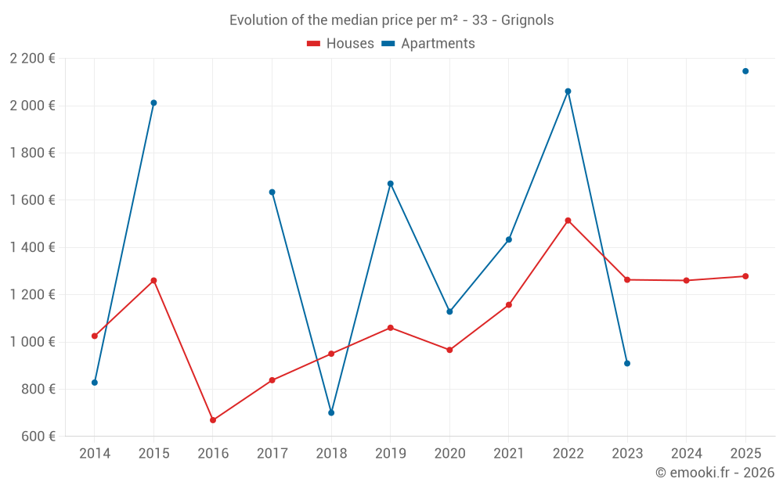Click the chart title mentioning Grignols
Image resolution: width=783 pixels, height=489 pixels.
pos(391,20)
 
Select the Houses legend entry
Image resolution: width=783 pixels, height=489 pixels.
pos(341,44)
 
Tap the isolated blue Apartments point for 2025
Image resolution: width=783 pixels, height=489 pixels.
pos(745,71)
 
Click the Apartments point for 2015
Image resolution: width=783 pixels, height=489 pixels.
pos(153,102)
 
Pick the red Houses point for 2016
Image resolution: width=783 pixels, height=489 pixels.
pos(213,420)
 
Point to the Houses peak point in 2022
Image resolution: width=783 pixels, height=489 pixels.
pos(568,221)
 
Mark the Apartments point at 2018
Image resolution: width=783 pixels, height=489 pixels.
pos(331,412)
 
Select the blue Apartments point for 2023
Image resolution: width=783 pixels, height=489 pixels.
pos(627,363)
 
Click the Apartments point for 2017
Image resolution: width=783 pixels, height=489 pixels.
pos(272,192)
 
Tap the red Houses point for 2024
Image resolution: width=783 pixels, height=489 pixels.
pos(686,280)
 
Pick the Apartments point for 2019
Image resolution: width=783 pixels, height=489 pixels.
pos(391,184)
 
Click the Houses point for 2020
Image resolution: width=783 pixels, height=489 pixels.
pos(449,350)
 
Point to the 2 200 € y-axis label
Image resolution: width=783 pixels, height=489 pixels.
pos(32,59)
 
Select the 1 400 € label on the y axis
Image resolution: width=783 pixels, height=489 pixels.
pos(32,247)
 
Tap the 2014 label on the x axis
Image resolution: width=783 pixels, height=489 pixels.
pos(95,453)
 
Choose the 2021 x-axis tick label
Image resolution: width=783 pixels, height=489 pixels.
pos(509,453)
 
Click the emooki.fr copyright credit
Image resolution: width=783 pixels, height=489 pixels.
pos(714,473)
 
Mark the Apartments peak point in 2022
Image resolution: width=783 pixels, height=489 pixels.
pos(568,92)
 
